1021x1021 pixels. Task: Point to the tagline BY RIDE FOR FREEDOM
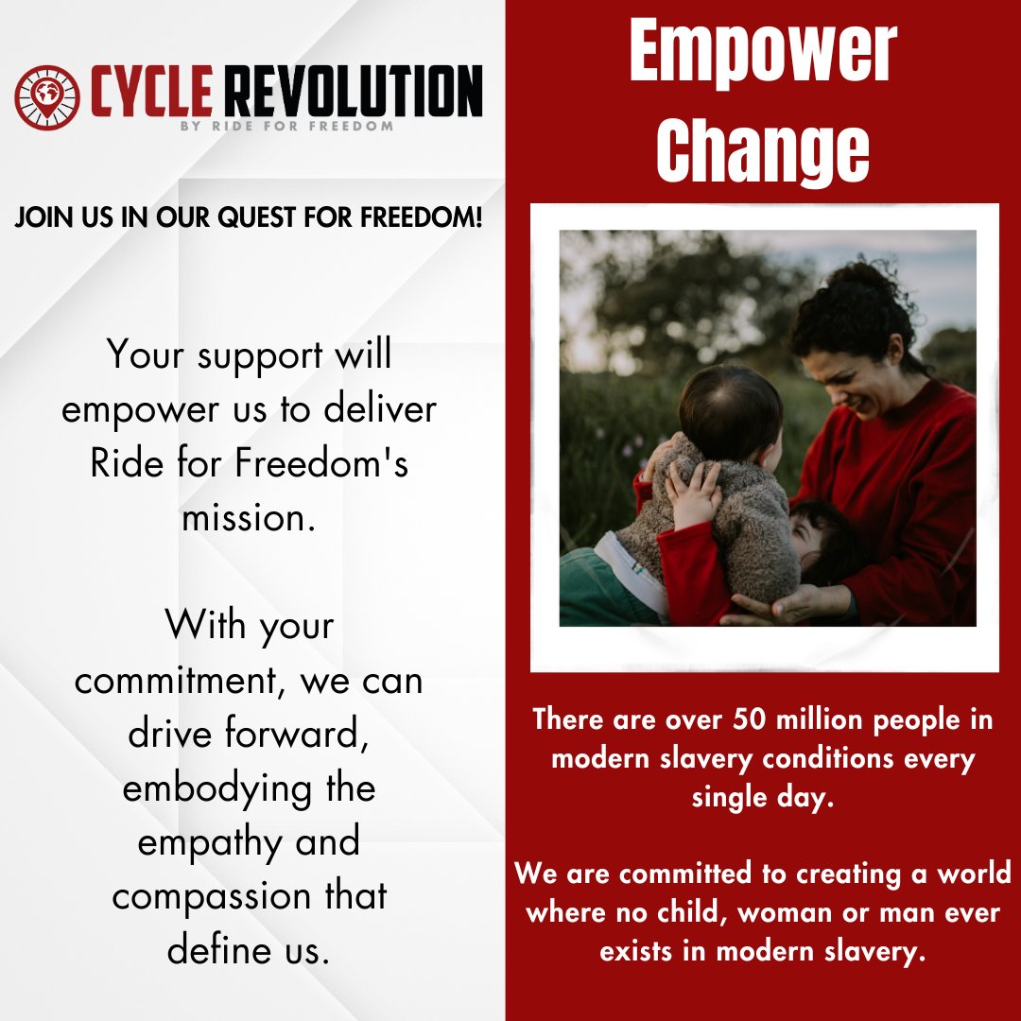tap(286, 126)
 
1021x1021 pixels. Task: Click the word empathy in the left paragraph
tap(198, 841)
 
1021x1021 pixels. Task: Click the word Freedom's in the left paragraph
tap(337, 464)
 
